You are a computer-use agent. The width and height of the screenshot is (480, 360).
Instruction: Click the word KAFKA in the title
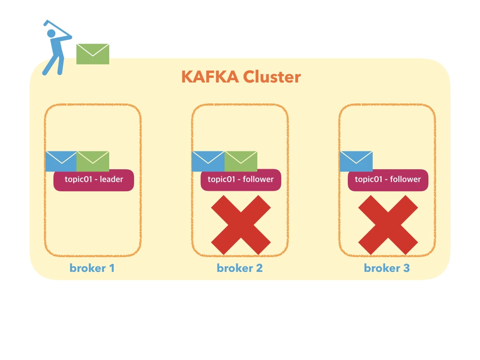coord(210,76)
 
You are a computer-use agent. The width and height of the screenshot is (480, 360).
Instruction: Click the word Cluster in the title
coord(272,76)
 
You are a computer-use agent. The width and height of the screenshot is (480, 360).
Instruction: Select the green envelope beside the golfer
coord(93,54)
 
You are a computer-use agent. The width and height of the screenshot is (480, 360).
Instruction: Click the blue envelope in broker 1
coord(61,161)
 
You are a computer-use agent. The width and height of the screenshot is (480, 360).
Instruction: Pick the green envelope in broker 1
coord(93,161)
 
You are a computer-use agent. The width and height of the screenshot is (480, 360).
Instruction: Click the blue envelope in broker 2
coord(208,161)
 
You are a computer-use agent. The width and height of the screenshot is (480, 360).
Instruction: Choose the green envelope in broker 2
coord(241,161)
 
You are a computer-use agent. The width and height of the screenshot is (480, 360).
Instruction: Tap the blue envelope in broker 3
coord(356,161)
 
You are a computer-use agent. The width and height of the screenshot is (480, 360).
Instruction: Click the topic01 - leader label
coord(94,180)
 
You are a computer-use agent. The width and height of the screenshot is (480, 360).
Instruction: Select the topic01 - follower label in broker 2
coord(241,180)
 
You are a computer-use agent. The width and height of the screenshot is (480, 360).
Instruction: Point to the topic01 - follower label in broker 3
coord(388,180)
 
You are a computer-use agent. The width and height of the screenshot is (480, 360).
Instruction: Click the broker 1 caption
coord(92,268)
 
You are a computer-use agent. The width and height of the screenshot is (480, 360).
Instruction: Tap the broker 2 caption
coord(240,268)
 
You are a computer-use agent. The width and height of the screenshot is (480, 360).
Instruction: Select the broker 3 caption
coord(387,268)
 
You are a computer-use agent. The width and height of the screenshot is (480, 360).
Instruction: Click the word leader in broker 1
coord(112,180)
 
